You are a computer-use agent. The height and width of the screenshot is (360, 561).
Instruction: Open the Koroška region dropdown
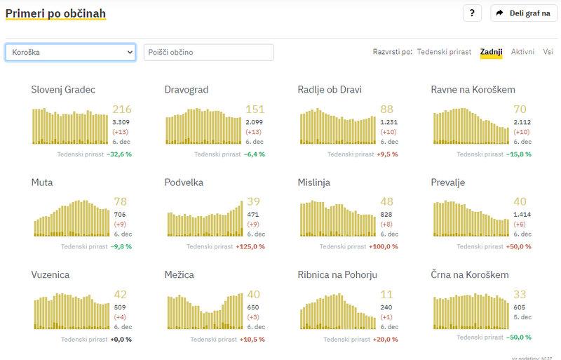point(70,53)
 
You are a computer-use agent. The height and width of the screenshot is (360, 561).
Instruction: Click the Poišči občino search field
point(208,53)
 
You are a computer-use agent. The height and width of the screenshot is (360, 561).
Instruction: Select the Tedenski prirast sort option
point(445,52)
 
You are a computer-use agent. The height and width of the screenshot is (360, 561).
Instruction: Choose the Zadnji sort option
point(491,52)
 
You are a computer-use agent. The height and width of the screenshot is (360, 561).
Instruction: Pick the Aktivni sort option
point(522,52)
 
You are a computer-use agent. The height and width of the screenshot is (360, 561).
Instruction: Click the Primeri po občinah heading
point(55,13)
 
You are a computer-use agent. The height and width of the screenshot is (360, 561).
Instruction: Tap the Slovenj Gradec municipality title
point(63,90)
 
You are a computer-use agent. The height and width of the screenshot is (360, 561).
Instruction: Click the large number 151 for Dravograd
point(255,109)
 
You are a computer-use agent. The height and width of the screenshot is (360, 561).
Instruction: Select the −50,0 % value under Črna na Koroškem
point(519,339)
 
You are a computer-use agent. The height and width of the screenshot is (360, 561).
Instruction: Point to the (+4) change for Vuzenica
point(120,317)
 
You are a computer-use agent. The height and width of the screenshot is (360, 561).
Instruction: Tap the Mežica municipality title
point(179,275)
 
